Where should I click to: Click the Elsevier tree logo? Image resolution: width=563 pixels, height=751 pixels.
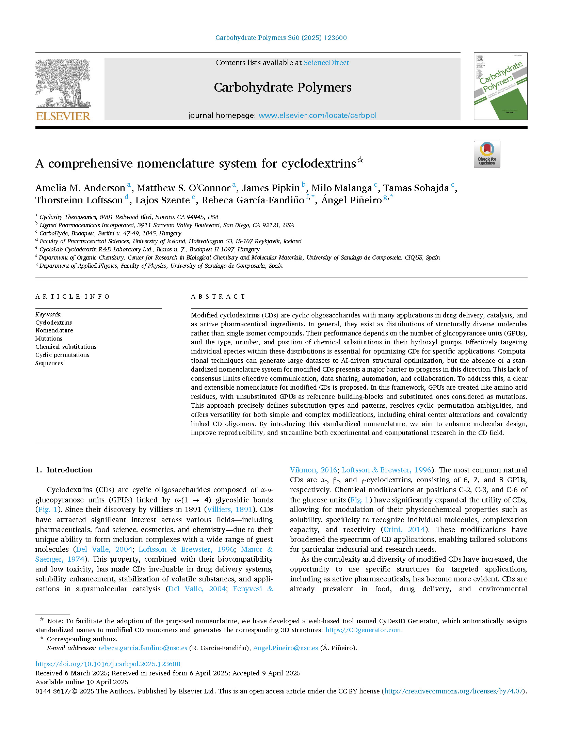coord(63,89)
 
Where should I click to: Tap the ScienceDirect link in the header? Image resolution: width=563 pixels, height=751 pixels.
coord(326,63)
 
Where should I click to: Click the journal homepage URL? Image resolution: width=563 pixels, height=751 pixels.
coord(317,115)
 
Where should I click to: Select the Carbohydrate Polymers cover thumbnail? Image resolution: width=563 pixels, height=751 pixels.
coord(500,86)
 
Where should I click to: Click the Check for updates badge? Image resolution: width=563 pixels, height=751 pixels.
coord(487,154)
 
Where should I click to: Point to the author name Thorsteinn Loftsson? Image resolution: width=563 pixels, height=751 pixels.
coord(79,200)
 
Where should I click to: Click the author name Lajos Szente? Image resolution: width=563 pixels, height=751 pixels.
coord(162,200)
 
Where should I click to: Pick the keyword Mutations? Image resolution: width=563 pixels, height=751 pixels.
coord(49,339)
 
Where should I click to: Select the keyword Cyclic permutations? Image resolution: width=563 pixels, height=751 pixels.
coord(62,355)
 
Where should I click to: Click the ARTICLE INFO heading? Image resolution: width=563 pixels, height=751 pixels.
coord(73,297)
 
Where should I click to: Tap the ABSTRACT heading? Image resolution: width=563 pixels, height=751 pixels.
coord(218,297)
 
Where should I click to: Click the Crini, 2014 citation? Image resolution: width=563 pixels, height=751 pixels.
coord(404,530)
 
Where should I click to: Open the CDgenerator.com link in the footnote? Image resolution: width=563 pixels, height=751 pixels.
coord(363,630)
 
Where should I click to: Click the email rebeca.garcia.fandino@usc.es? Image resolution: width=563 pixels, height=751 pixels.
coord(143,648)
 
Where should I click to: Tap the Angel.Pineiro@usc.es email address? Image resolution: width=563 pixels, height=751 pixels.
coord(285,648)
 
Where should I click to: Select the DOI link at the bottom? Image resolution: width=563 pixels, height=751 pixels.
coord(108,664)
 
